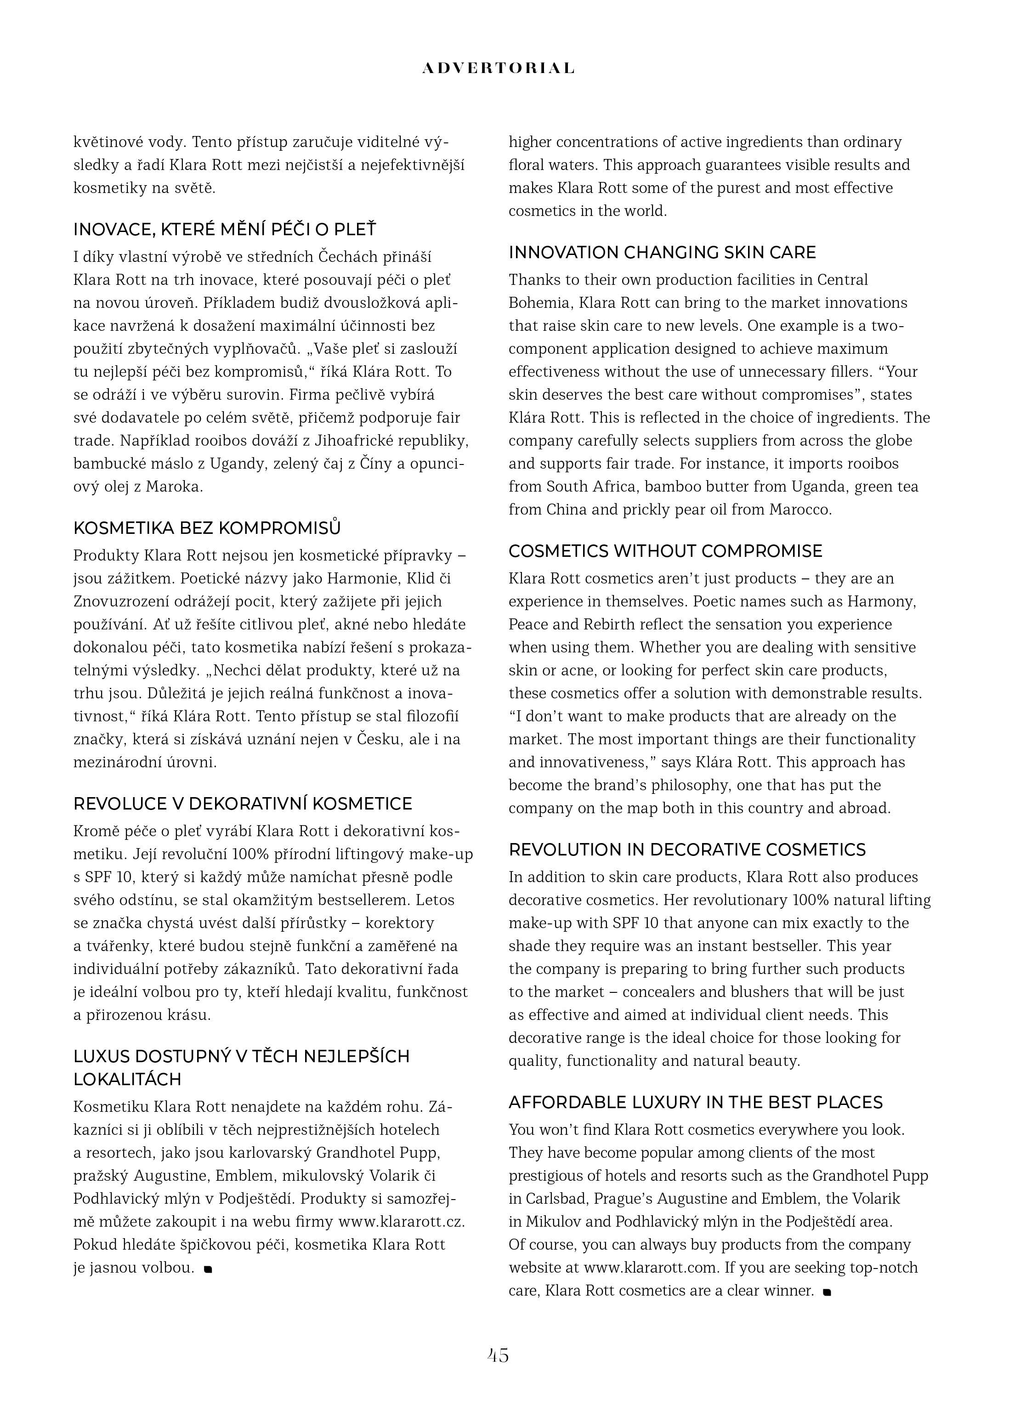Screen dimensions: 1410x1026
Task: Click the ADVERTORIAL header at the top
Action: (498, 68)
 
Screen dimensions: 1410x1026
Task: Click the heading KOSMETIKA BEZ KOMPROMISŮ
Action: (207, 528)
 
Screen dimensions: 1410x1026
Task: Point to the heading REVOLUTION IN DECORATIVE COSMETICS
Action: (687, 850)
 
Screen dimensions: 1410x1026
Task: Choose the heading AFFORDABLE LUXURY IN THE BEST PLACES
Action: (696, 1102)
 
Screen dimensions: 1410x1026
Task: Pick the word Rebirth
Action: (581, 625)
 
